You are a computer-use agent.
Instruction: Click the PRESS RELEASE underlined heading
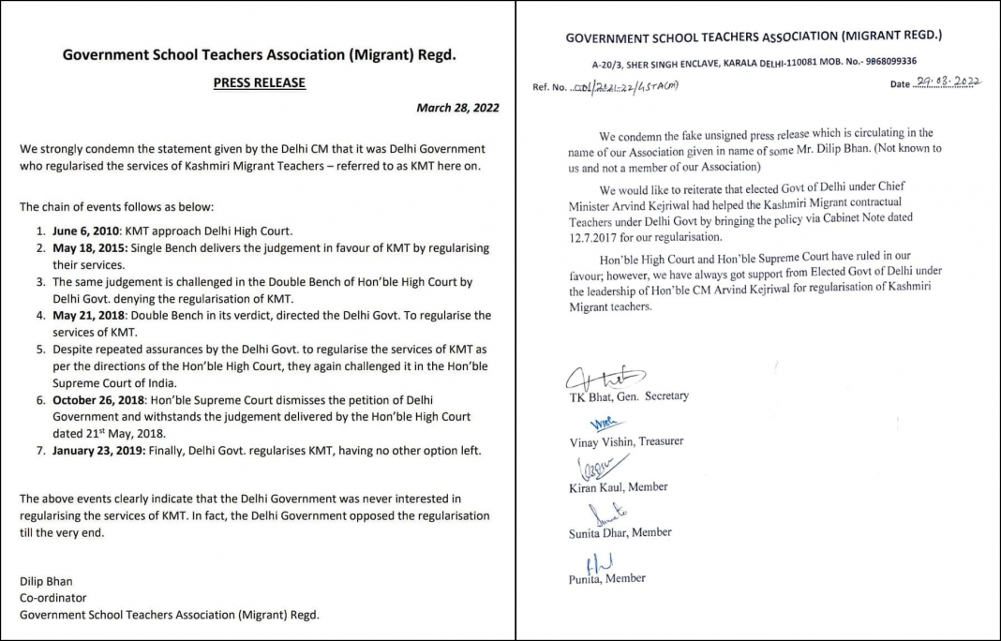[x=259, y=82]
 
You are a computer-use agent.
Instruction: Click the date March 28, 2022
[x=457, y=108]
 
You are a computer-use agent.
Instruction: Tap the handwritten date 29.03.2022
[x=948, y=82]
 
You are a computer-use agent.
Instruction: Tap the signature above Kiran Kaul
[x=587, y=468]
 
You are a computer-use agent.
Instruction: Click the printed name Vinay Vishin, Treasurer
[x=626, y=441]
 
